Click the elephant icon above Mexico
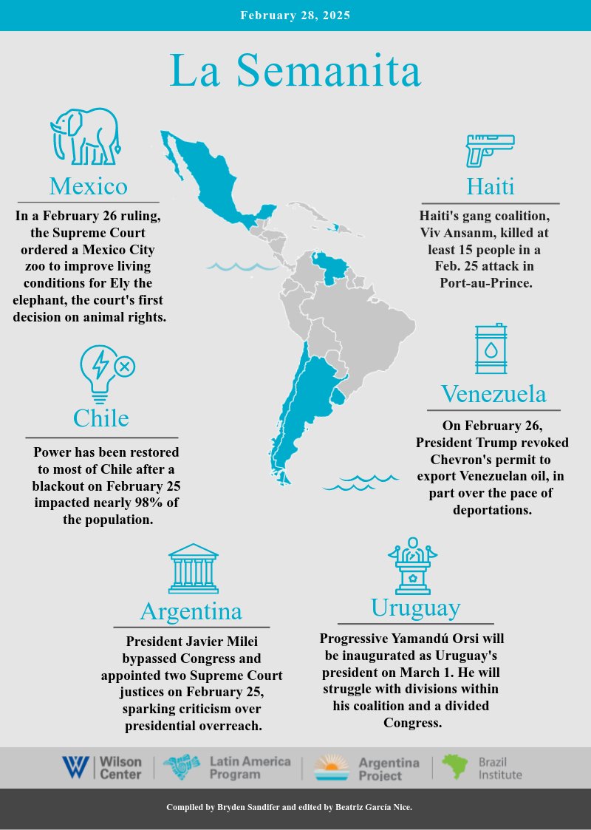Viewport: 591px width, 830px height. (x=85, y=137)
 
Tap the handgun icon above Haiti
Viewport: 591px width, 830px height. (x=489, y=150)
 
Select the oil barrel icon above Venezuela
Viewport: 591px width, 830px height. (x=491, y=349)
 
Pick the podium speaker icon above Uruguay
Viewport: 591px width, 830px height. (x=413, y=566)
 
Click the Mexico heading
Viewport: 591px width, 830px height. (x=88, y=185)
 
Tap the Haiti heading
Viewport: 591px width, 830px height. (x=490, y=186)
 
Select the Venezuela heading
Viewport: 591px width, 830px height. (x=493, y=394)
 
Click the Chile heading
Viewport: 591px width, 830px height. (x=100, y=418)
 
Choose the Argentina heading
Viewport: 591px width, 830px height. (x=191, y=611)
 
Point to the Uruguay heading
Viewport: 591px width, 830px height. (x=415, y=608)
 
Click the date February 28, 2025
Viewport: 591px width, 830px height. (x=295, y=15)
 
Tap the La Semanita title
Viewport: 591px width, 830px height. (x=295, y=72)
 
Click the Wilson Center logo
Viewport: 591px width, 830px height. (x=102, y=767)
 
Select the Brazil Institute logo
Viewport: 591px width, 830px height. (x=482, y=768)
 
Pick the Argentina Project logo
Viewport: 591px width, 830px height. (x=367, y=769)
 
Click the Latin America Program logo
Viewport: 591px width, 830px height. (x=227, y=768)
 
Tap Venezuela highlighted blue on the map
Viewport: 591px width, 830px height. (x=328, y=265)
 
